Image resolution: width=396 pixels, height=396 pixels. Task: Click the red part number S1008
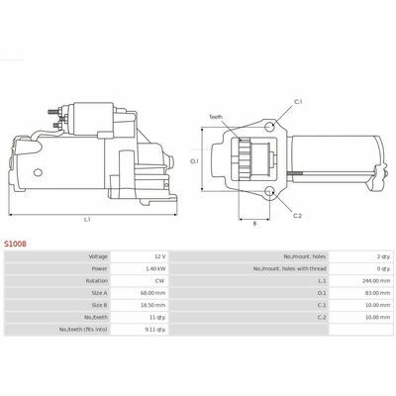point(15,244)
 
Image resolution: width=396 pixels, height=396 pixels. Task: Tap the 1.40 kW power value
point(155,268)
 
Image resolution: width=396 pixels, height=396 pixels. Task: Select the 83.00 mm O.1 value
point(379,293)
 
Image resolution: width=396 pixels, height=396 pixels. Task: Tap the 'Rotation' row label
point(97,281)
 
